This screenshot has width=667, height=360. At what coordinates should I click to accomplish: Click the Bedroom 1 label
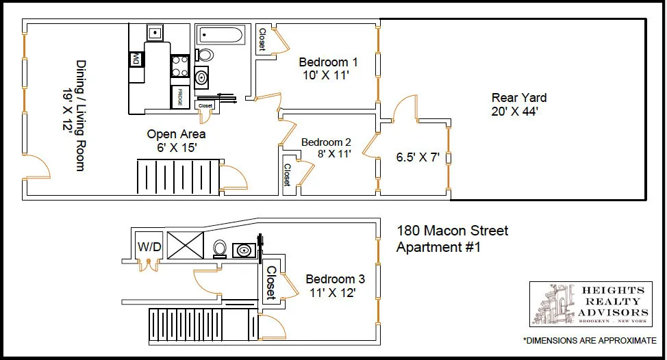(x=328, y=62)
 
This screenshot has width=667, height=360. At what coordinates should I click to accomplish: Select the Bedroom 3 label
(x=335, y=279)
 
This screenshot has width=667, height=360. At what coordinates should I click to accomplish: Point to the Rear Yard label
(x=518, y=98)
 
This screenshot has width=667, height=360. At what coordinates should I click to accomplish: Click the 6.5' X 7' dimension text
(x=418, y=157)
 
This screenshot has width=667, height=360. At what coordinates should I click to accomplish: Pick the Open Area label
(x=176, y=134)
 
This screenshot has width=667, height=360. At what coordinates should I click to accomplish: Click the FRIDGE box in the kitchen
(x=180, y=96)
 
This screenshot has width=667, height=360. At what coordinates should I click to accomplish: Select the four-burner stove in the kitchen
(x=179, y=66)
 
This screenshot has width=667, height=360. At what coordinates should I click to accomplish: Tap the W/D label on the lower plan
(x=149, y=246)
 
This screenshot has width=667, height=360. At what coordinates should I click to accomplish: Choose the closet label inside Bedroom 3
(x=271, y=283)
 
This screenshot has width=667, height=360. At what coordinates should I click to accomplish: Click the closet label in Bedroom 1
(x=262, y=40)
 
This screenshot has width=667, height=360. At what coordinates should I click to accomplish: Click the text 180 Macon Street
(x=453, y=231)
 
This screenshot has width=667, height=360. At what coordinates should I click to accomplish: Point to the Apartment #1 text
(x=438, y=247)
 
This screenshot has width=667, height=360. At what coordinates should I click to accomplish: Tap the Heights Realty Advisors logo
(x=590, y=304)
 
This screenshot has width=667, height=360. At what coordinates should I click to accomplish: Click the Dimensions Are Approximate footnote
(x=589, y=340)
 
